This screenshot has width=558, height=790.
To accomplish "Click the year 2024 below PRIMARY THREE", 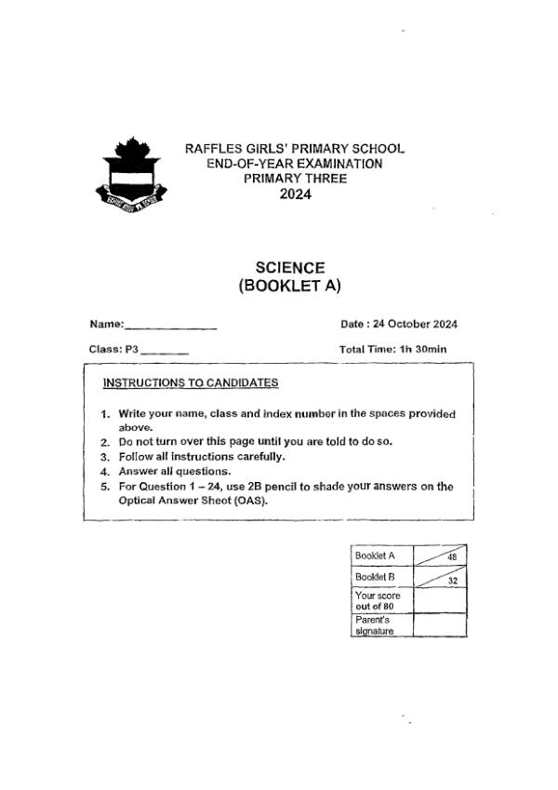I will [x=296, y=194].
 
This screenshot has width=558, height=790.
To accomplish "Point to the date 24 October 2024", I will [x=414, y=325].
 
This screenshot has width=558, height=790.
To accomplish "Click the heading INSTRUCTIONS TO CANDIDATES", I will [x=191, y=382].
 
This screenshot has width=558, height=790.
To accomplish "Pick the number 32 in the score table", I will [x=452, y=581].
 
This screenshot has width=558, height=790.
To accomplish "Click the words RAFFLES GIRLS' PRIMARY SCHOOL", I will [x=295, y=149].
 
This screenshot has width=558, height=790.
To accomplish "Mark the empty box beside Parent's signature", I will [x=439, y=624].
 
